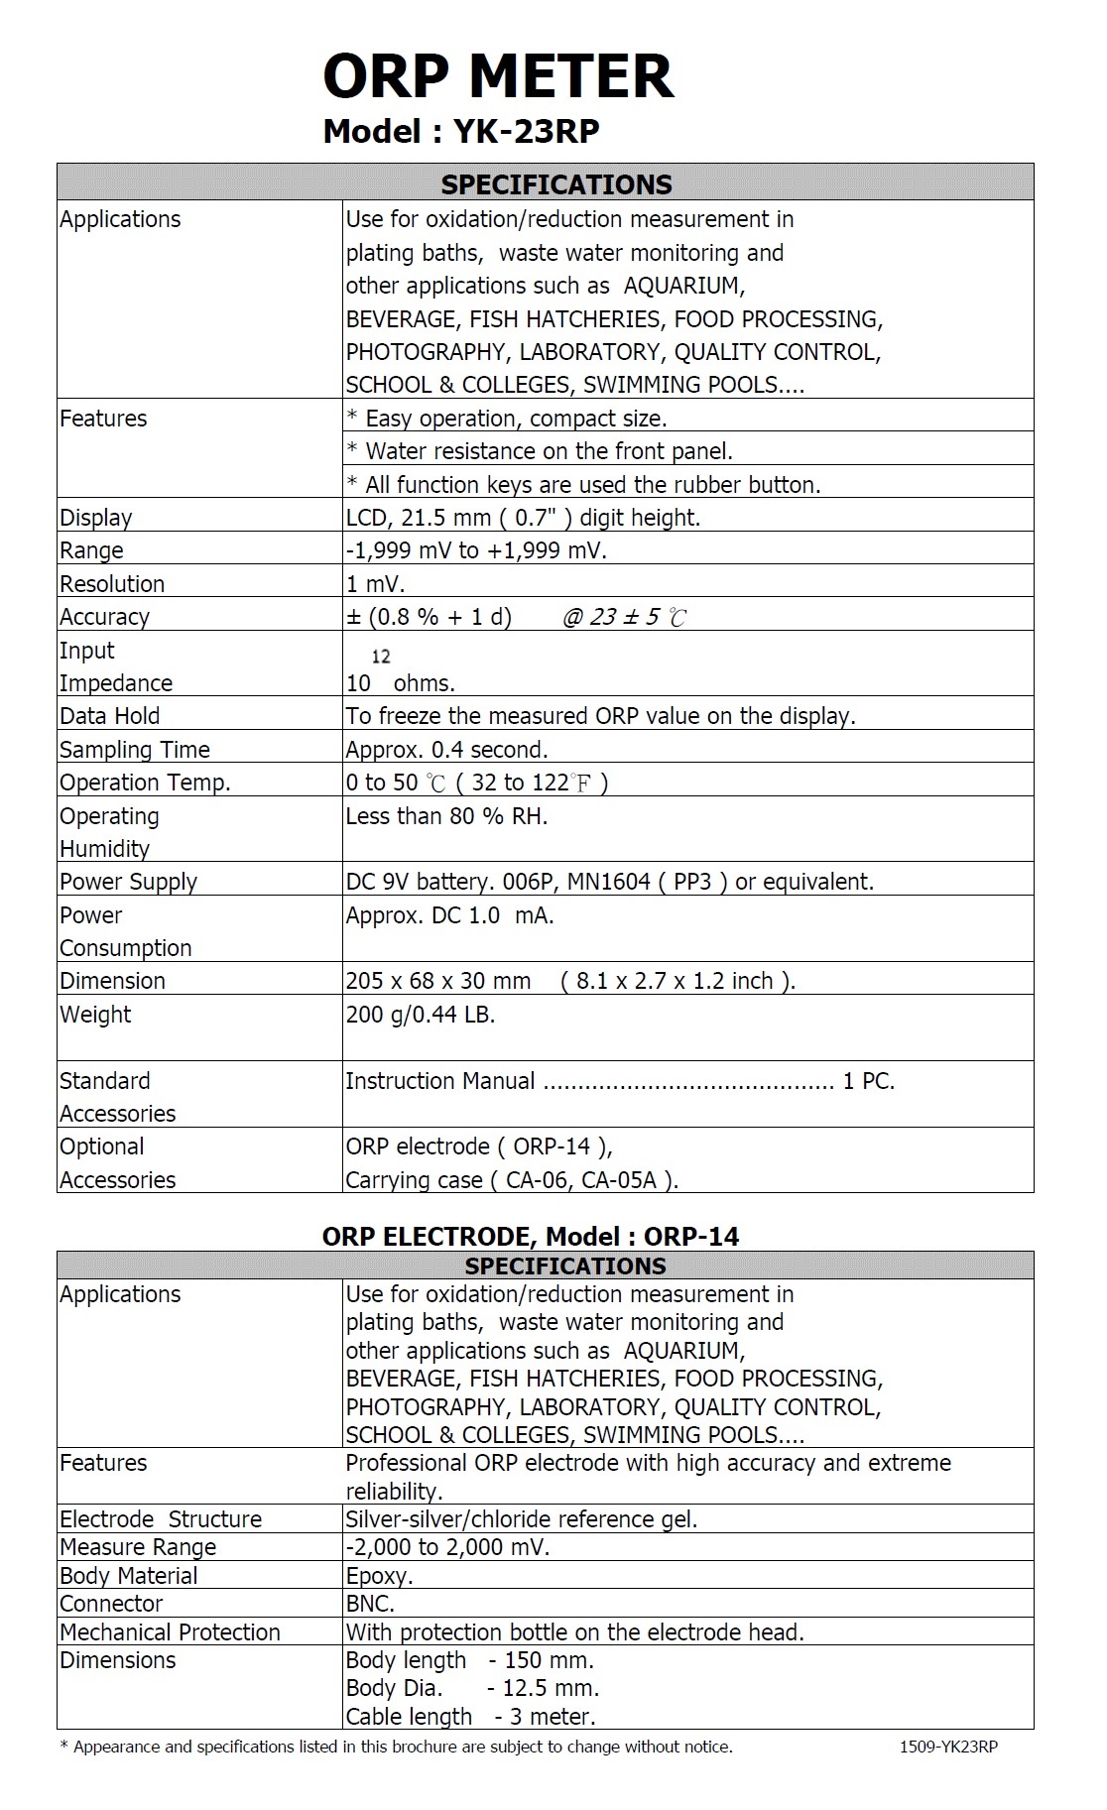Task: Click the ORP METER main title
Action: pyautogui.click(x=498, y=76)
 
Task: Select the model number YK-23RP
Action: pyautogui.click(x=526, y=131)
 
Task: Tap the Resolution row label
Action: pyautogui.click(x=112, y=583)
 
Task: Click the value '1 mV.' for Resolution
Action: pyautogui.click(x=375, y=583)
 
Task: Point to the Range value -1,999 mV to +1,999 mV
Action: pyautogui.click(x=476, y=550)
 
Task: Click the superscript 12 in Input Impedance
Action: pyautogui.click(x=381, y=657)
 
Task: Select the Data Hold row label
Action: pyautogui.click(x=109, y=716)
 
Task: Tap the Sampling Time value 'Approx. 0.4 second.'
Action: pyautogui.click(x=446, y=750)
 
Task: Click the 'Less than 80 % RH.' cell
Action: pyautogui.click(x=446, y=816)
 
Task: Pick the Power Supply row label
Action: pyautogui.click(x=128, y=882)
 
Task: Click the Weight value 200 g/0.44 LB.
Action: pyautogui.click(x=420, y=1015)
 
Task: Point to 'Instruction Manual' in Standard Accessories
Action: pyautogui.click(x=440, y=1081)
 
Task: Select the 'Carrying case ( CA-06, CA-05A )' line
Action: pyautogui.click(x=512, y=1180)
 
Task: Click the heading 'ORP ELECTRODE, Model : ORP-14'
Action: pyautogui.click(x=531, y=1236)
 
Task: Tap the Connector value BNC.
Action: pyautogui.click(x=370, y=1604)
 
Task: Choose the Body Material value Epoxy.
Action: pyautogui.click(x=379, y=1576)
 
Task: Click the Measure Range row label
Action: pyautogui.click(x=138, y=1547)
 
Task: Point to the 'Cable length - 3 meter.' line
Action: pyautogui.click(x=470, y=1717)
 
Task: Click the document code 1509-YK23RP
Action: pyautogui.click(x=948, y=1747)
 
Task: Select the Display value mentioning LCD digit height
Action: pyautogui.click(x=523, y=518)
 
